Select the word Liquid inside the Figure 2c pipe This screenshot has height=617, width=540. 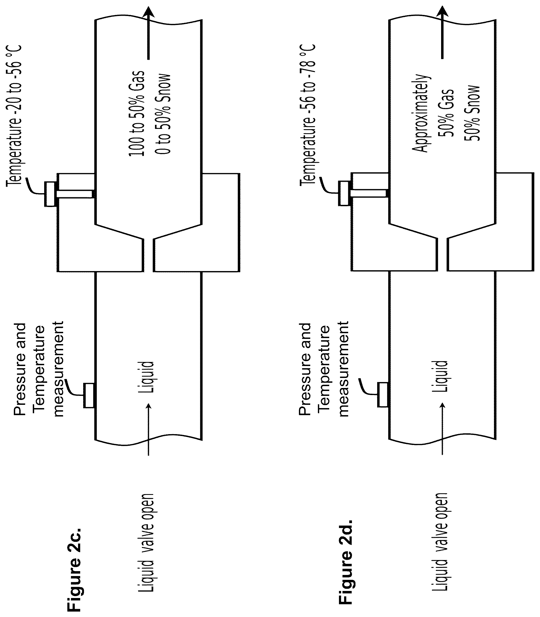tap(146, 377)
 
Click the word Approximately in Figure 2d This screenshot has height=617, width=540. tap(420, 113)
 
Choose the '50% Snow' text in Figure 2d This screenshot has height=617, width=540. tap(471, 113)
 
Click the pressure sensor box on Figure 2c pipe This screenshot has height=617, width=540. tap(89, 396)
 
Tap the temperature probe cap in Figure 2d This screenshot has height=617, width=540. tap(344, 193)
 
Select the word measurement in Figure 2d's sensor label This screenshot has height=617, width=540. tap(343, 368)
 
